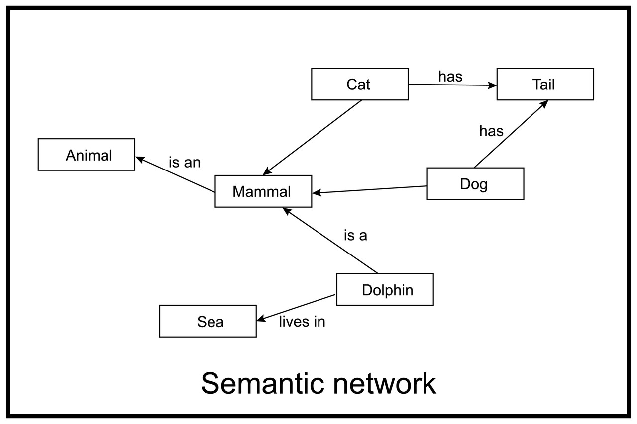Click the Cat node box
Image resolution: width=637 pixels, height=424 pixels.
tap(359, 84)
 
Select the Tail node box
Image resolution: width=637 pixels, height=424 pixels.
tap(545, 84)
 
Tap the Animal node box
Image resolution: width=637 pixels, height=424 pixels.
tap(86, 155)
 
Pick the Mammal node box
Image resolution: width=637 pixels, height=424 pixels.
tap(263, 191)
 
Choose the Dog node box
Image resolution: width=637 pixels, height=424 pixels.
tap(475, 183)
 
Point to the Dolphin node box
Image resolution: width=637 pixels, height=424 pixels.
tap(385, 289)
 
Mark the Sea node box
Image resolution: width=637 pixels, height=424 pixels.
tap(208, 321)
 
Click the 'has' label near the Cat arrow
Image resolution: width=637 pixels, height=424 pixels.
tap(450, 77)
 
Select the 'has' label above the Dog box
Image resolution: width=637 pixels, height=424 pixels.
tap(491, 131)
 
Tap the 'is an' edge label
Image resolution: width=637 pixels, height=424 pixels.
tap(184, 162)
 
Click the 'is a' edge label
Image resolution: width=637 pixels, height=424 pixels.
tap(355, 235)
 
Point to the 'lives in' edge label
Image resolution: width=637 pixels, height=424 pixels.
tap(302, 322)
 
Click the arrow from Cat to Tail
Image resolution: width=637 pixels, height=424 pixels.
tap(452, 85)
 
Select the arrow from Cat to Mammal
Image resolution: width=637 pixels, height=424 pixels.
tap(313, 138)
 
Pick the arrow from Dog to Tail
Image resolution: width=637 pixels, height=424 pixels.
tap(511, 134)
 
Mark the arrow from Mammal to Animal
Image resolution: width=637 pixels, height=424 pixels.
tap(175, 174)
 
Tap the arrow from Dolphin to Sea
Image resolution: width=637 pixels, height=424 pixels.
tap(296, 307)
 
